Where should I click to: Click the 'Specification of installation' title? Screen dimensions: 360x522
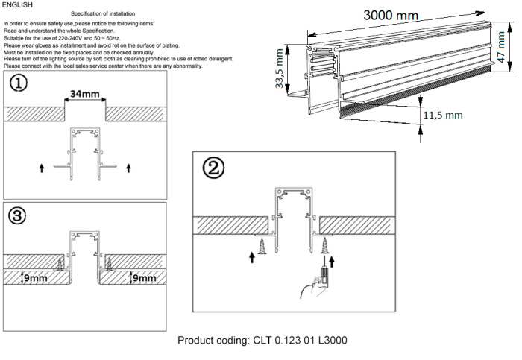pos(102,15)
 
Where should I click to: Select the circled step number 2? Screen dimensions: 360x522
pos(215,168)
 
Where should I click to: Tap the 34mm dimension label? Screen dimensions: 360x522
pos(84,94)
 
